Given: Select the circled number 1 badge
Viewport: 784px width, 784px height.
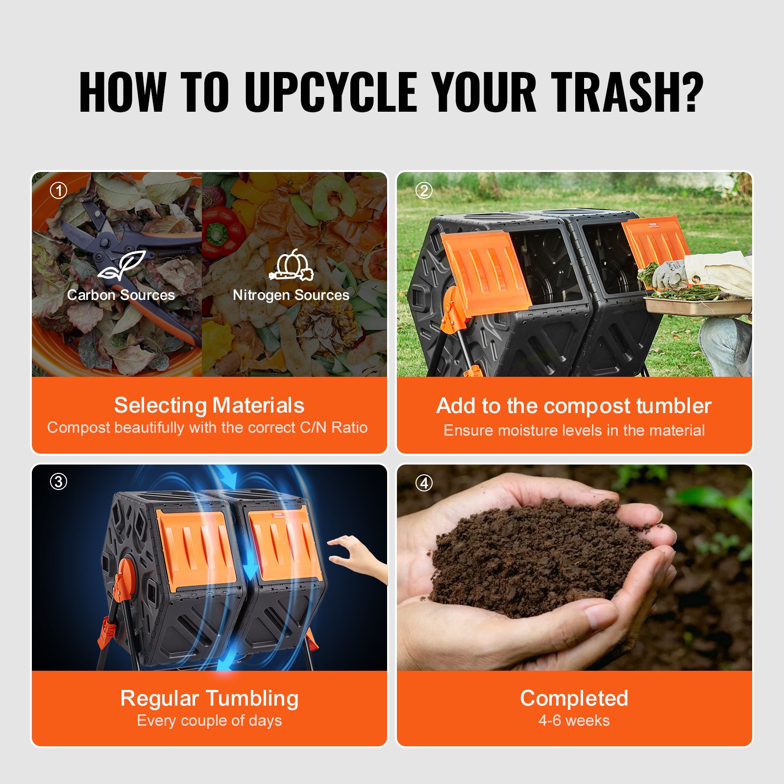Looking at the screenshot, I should [x=59, y=191].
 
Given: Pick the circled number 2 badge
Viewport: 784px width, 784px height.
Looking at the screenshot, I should [x=424, y=191].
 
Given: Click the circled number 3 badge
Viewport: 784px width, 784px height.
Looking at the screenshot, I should [x=59, y=482].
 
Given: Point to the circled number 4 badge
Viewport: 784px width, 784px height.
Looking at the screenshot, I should [x=424, y=483].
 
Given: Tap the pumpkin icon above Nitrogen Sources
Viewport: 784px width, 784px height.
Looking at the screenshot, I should [x=291, y=266].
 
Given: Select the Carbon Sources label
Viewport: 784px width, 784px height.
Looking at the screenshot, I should [x=121, y=295].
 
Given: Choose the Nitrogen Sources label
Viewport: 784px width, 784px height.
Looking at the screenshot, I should [x=291, y=295].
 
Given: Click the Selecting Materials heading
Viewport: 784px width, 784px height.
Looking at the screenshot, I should [x=209, y=405].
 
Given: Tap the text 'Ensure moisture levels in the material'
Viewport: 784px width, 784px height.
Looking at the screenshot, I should [x=574, y=430].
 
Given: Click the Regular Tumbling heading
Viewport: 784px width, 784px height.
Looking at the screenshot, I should [x=209, y=698].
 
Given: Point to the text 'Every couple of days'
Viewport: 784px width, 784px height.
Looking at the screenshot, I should [x=209, y=721].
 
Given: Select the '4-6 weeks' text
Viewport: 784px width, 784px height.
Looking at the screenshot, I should [x=574, y=721].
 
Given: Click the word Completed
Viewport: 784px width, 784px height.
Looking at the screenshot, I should [x=574, y=698].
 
